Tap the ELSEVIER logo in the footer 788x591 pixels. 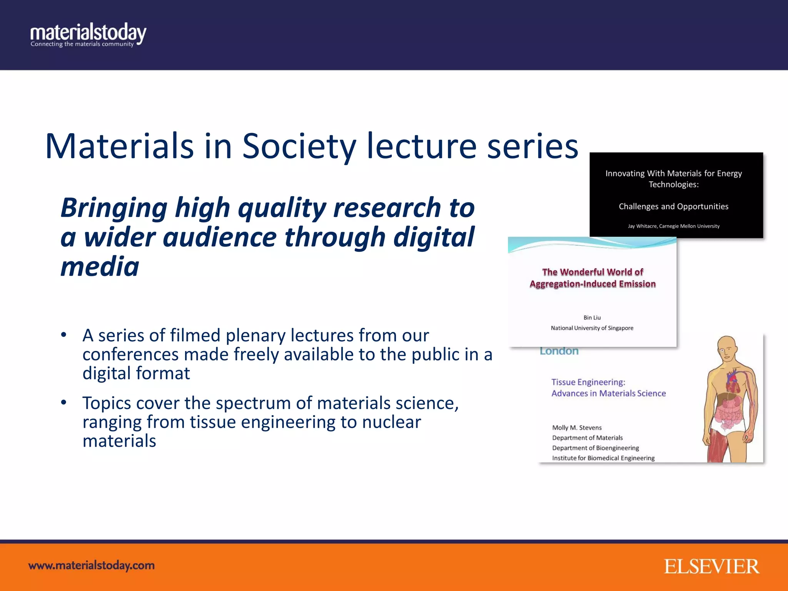point(711,566)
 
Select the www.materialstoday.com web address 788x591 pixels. point(92,566)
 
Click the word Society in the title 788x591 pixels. point(299,147)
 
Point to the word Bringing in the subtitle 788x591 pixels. point(114,208)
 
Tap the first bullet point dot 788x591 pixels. point(64,335)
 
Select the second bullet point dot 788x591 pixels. point(64,402)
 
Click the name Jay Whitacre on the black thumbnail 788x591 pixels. point(643,226)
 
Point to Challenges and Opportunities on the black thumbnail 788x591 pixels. point(673,207)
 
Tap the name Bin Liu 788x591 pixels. point(592,318)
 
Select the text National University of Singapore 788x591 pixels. point(592,328)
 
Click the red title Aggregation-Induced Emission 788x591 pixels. point(593,284)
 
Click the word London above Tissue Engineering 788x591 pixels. point(559,351)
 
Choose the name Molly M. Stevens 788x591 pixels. point(577,428)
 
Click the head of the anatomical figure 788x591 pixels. point(727,348)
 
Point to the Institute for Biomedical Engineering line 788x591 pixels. point(603,458)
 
